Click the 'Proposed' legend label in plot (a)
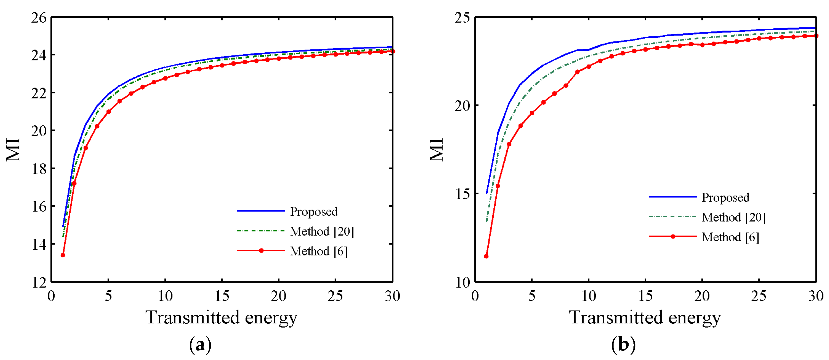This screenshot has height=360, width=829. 314,212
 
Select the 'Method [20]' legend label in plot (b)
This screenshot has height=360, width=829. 733,218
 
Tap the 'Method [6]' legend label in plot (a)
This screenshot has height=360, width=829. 319,251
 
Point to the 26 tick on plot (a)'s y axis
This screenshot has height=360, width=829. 39,18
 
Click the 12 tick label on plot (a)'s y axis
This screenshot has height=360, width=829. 39,282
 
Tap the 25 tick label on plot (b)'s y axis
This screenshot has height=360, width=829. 462,18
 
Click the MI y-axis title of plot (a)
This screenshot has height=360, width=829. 14,150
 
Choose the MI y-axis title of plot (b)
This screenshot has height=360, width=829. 437,150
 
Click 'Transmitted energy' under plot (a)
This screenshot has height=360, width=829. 222,318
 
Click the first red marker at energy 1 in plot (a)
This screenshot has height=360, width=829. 63,255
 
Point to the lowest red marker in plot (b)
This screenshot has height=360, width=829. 486,256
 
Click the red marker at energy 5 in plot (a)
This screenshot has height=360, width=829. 108,112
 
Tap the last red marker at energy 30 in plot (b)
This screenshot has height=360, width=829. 816,36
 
